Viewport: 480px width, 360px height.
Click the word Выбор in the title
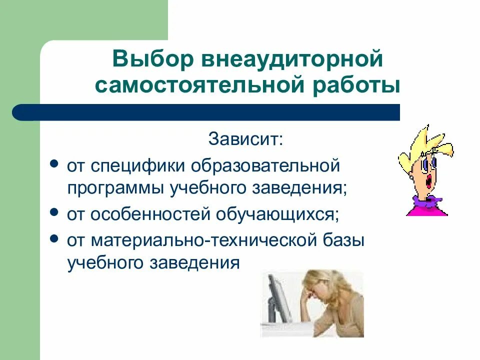pos(153,59)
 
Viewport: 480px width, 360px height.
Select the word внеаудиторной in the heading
pos(292,59)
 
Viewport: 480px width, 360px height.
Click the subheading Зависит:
pos(246,139)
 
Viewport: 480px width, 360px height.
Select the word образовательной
pos(265,165)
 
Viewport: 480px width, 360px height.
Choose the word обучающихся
pos(277,214)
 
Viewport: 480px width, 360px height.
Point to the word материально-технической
pos(203,240)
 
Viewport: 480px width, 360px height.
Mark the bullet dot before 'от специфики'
pos(54,164)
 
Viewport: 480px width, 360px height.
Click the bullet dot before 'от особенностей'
pos(54,212)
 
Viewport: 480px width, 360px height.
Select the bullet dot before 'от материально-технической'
pos(54,238)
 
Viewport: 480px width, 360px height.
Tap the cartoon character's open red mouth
pos(429,181)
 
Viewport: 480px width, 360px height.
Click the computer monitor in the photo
pos(277,298)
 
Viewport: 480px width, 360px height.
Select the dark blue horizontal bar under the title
pos(206,112)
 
